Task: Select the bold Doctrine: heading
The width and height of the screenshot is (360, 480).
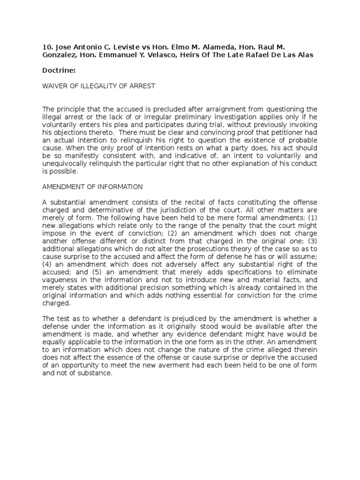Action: click(x=59, y=70)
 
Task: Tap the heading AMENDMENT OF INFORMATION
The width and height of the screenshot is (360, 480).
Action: click(x=92, y=187)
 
